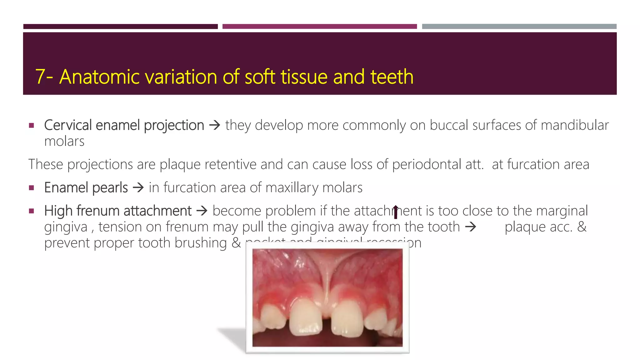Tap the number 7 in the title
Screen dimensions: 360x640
pyautogui.click(x=40, y=77)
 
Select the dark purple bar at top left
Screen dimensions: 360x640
pyautogui.click(x=120, y=27)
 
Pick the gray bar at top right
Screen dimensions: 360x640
pyautogui.click(x=519, y=27)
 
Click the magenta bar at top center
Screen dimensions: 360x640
pyautogui.click(x=319, y=27)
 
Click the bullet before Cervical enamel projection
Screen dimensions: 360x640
pyautogui.click(x=31, y=126)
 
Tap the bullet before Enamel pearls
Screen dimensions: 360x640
pyautogui.click(x=31, y=188)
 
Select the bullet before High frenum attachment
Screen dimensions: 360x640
pyautogui.click(x=31, y=211)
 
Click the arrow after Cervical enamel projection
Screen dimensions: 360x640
pyautogui.click(x=215, y=126)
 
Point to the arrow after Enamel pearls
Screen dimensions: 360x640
pyautogui.click(x=138, y=188)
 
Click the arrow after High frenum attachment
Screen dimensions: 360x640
pyautogui.click(x=202, y=211)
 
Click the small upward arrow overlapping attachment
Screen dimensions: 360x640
pyautogui.click(x=396, y=212)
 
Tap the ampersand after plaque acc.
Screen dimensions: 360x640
pyautogui.click(x=582, y=227)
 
